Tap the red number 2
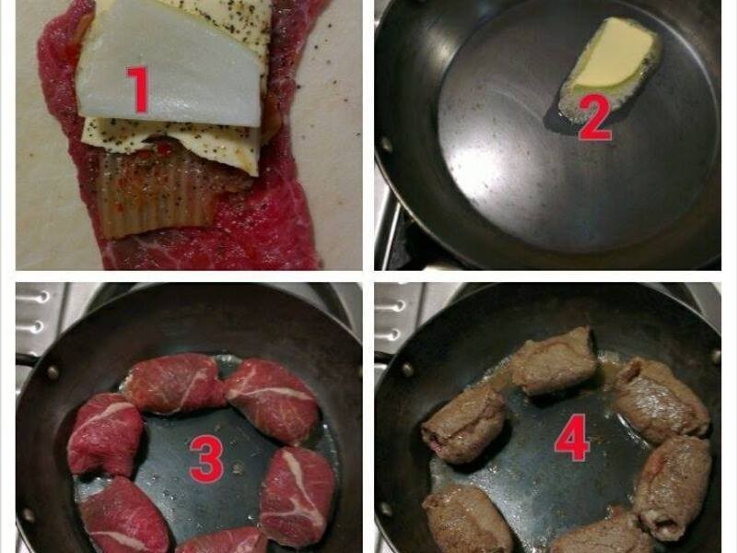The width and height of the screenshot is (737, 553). pyautogui.click(x=595, y=118)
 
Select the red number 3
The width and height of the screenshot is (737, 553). pyautogui.click(x=206, y=459)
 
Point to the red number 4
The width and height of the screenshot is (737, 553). pyautogui.click(x=572, y=437)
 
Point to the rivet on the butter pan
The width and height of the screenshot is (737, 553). pyautogui.click(x=386, y=144)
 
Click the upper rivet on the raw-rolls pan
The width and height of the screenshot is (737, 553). pyautogui.click(x=52, y=372)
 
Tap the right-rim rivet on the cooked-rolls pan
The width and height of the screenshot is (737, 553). pyautogui.click(x=716, y=356)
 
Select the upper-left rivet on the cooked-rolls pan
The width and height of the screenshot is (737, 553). pyautogui.click(x=407, y=370)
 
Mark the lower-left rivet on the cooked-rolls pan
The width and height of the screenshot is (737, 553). pyautogui.click(x=386, y=509)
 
